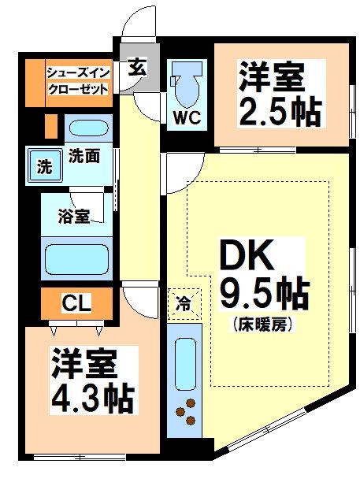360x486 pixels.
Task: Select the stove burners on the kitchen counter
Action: coord(187,412)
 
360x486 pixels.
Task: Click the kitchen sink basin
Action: coord(185,359)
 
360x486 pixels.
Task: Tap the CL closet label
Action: coord(76,302)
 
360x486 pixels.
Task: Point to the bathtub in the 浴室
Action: coord(76,258)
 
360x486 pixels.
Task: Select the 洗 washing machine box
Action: coord(46,166)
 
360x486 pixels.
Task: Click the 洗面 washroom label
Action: coord(83,155)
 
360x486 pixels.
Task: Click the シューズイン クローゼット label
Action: coord(78,80)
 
